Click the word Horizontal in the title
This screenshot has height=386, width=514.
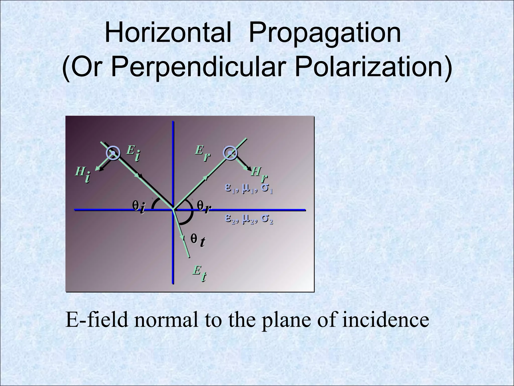pos(168,33)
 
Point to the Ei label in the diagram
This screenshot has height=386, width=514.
pos(133,153)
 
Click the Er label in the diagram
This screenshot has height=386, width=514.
pos(202,153)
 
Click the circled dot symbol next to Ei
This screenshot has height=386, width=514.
pos(113,153)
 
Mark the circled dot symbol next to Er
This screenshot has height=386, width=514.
pos(230,153)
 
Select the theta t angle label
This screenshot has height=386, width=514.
pos(198,240)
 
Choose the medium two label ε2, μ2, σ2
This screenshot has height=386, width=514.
pos(248,219)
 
